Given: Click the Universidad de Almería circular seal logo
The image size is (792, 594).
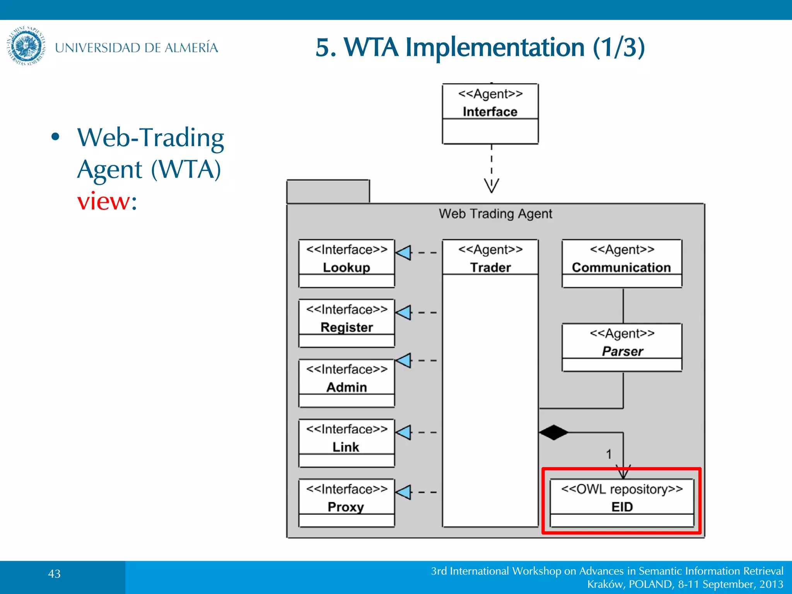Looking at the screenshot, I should coord(26,46).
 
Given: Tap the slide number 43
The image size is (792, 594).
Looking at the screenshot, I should coord(54,574).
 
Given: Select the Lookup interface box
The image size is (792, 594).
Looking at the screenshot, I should coord(346,263).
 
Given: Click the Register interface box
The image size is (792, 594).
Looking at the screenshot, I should coord(346,323).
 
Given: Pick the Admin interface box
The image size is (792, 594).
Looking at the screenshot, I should coord(346,383).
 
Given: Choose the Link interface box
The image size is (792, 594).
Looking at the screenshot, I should coord(346,443).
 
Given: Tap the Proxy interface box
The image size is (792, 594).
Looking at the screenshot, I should coord(346,503).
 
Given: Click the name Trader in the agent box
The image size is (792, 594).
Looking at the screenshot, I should coord(490,268).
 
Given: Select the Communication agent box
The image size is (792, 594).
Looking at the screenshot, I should coord(621,263).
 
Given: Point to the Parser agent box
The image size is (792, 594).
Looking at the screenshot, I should coord(621,347).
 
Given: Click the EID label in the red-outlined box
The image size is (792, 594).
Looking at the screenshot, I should coord(622,507).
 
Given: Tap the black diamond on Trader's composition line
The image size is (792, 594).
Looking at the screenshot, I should coord(553,432).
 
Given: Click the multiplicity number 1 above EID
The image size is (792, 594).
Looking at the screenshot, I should coord(609,454).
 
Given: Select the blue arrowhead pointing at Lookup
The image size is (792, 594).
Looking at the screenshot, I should coord(404,253).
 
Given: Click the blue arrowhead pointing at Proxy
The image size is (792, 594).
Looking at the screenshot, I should coord(404,492).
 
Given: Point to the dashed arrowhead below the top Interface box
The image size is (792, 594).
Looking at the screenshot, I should coord(492,185).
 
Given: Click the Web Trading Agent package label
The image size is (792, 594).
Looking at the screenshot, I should coord(495,214).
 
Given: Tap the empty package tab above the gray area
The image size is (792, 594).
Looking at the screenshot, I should coord(328,191).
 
